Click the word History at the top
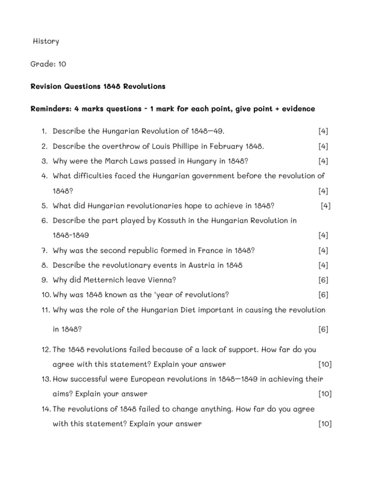tap(46, 41)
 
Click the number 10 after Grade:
tap(61, 64)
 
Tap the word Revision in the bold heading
tap(47, 86)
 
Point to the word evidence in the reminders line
tap(296, 109)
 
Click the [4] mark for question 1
tap(323, 131)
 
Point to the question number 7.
tap(44, 251)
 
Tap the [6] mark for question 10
tap(323, 295)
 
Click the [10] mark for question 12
tap(325, 364)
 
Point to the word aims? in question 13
tap(63, 394)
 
